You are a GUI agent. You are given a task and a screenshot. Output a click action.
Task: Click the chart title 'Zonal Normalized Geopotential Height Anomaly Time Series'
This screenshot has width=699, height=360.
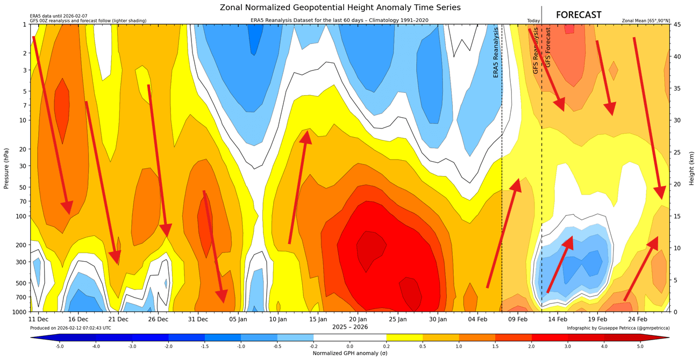click(340, 8)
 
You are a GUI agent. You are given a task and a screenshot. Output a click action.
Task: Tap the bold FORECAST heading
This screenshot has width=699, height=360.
click(579, 15)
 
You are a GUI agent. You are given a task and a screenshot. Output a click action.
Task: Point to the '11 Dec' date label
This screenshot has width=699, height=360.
click(39, 319)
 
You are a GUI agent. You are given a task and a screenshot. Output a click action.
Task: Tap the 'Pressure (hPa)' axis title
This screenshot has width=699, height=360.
click(6, 168)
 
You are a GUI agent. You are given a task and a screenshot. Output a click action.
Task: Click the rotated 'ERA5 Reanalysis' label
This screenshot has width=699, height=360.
click(496, 52)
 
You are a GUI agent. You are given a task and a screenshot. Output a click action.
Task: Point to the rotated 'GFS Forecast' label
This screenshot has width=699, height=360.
click(548, 47)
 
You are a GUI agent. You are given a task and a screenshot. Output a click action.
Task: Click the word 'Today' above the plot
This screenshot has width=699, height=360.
click(533, 21)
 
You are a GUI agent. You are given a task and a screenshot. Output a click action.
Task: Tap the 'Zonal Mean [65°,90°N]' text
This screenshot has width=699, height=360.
click(646, 21)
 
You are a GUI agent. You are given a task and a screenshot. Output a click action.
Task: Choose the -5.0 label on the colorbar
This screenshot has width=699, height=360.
click(60, 347)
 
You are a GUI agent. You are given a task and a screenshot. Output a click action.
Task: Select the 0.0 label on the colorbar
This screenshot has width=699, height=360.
click(349, 347)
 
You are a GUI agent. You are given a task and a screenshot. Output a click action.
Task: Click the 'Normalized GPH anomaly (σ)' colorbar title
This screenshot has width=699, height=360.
click(349, 354)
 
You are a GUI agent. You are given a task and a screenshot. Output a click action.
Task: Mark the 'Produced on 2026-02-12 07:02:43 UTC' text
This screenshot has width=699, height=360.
click(70, 328)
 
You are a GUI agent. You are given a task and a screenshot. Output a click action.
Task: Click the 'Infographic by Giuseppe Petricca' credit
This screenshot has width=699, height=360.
click(618, 328)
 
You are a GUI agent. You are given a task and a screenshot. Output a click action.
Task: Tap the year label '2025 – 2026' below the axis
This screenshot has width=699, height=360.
click(349, 327)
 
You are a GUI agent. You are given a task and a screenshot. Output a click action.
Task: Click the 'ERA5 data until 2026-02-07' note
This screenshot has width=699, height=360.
click(59, 16)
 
